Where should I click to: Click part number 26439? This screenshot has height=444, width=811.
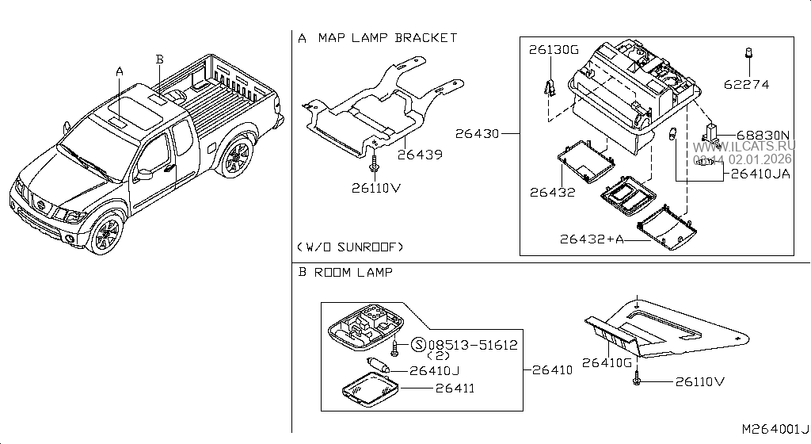pos(421,155)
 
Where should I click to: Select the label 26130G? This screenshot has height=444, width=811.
pos(554,49)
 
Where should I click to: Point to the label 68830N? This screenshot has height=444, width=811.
pos(763,136)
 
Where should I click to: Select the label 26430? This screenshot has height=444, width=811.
pos(477,134)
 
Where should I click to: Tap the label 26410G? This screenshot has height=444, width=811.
pos(607,363)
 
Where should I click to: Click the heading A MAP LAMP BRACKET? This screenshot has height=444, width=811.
pos(378,37)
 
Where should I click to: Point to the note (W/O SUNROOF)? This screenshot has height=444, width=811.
pos(350,247)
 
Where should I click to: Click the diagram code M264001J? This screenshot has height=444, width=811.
pos(775,429)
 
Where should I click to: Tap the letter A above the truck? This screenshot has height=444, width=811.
pos(120,71)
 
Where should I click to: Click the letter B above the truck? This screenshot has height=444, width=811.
pos(159,59)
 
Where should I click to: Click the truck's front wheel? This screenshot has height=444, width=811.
pos(105,234)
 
